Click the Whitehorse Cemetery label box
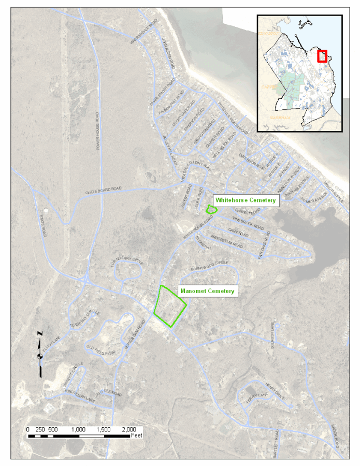[246, 200]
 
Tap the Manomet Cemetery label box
[207, 291]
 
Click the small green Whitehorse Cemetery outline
[211, 209]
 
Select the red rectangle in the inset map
[322, 56]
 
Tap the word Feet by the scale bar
[137, 436]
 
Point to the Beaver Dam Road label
[134, 339]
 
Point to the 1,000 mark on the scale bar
[78, 430]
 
